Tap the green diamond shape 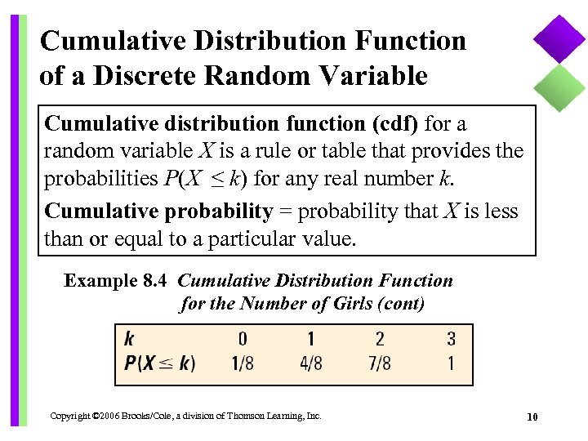click(559, 87)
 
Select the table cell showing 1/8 click(243, 363)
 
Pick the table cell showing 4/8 click(311, 363)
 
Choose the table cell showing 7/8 click(380, 363)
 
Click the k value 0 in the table click(243, 338)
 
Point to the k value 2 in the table click(380, 338)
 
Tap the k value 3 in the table click(451, 338)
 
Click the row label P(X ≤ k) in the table click(160, 363)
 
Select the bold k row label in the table click(130, 338)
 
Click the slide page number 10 click(532, 417)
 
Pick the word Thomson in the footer click(246, 416)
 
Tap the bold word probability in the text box click(218, 212)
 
